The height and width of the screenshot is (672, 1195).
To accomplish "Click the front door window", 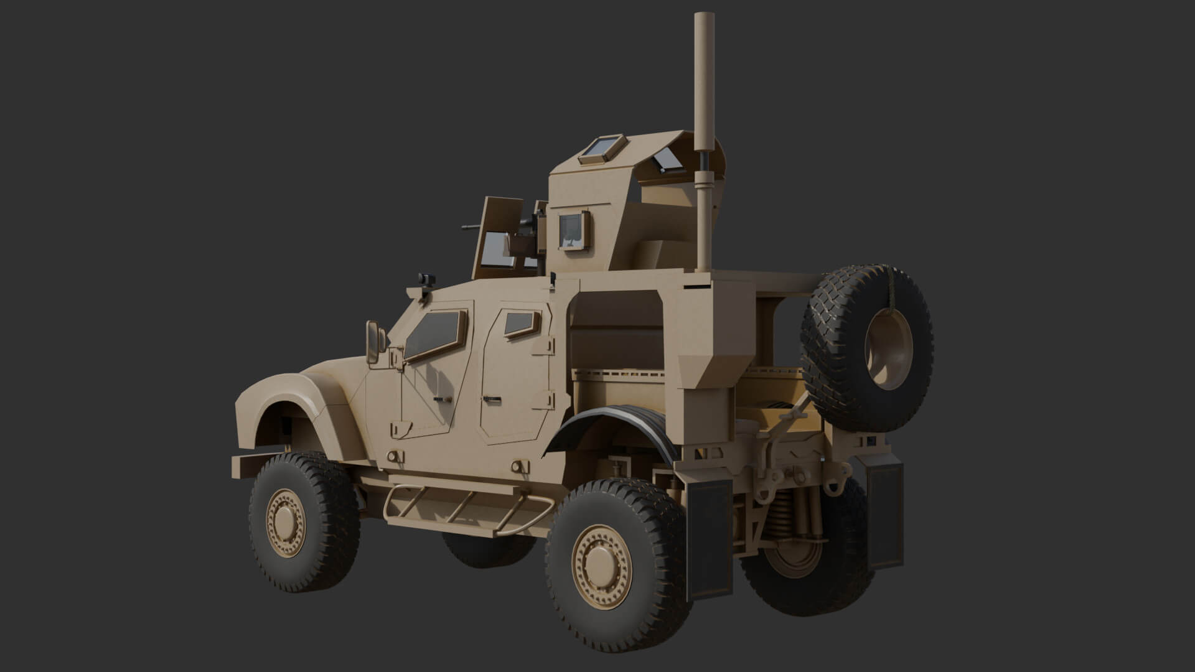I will pyautogui.click(x=435, y=335).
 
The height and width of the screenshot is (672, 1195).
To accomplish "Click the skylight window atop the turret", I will pyautogui.click(x=602, y=149).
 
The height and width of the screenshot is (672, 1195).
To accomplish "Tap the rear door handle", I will pyautogui.click(x=492, y=397).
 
